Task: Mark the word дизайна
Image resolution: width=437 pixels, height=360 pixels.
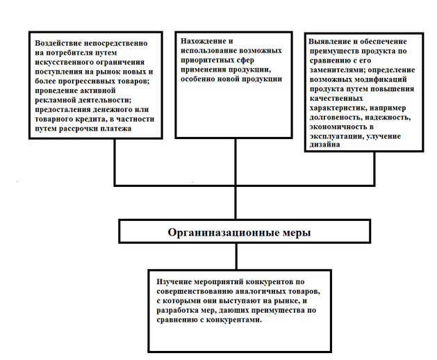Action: pyautogui.click(x=326, y=146)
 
